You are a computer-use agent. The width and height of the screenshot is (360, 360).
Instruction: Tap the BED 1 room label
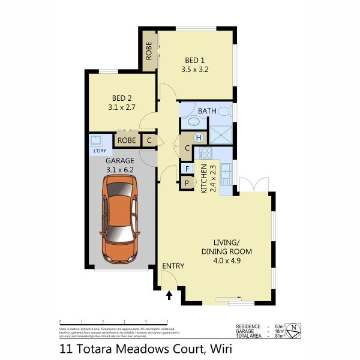tap(194, 60)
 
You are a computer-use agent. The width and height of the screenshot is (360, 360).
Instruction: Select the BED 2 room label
tap(122, 98)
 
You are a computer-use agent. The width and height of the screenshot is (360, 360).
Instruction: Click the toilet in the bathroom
tap(224, 111)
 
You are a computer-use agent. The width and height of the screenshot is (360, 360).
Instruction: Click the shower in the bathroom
tap(220, 136)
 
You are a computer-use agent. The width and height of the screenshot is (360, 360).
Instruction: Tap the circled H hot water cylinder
tap(197, 138)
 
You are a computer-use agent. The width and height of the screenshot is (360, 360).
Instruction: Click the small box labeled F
tap(187, 169)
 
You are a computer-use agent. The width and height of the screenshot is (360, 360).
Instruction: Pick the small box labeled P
tap(187, 182)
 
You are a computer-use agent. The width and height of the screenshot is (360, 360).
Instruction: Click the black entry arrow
tap(169, 295)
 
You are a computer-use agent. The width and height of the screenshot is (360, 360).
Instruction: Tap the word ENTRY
tap(173, 266)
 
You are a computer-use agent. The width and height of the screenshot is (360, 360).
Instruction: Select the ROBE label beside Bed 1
tap(149, 51)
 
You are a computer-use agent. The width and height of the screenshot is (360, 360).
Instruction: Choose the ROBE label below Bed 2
tap(126, 141)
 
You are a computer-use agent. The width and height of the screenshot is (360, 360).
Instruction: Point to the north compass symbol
tap(293, 329)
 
